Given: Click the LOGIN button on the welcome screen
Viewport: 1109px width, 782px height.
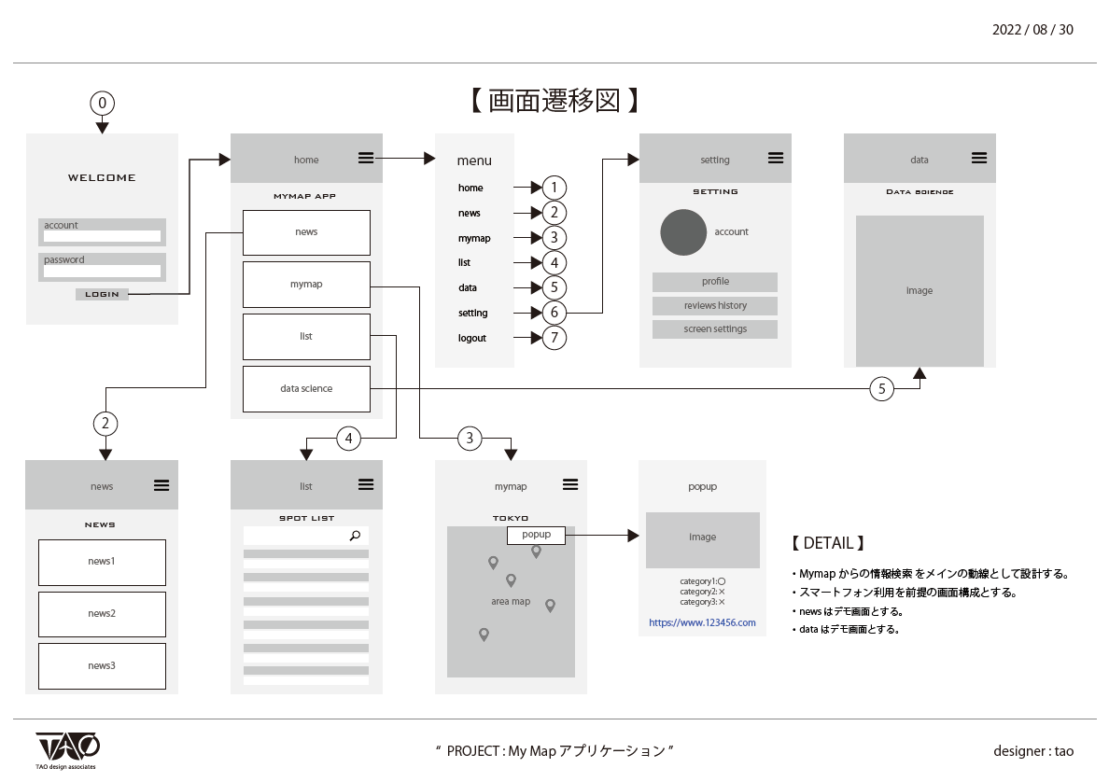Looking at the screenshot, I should [102, 294].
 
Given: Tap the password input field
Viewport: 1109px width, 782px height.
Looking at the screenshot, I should [102, 272].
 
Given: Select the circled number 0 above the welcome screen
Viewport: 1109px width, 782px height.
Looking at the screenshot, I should [102, 103].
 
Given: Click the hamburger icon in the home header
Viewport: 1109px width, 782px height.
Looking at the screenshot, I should [366, 159].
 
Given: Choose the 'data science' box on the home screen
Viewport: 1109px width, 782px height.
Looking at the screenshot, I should [306, 389].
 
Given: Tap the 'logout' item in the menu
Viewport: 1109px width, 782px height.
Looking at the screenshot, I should [472, 338].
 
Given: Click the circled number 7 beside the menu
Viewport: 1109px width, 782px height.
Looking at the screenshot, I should [554, 338].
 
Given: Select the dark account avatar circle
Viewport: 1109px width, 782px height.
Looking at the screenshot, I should [683, 232].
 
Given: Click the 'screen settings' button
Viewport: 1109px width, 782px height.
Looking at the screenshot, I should [715, 329].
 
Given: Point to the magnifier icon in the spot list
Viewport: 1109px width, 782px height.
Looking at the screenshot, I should [355, 536].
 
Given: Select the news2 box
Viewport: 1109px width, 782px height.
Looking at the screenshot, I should [102, 614].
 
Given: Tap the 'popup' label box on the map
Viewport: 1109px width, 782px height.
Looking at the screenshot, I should [536, 536].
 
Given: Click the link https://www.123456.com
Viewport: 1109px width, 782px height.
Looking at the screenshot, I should [702, 622].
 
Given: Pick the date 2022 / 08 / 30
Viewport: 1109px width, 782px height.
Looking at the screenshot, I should [1032, 30].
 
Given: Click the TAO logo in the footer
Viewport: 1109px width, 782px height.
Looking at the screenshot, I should [67, 748].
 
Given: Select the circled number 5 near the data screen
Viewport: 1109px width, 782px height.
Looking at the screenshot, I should [882, 389].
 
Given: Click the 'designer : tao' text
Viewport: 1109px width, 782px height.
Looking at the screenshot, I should [1033, 750].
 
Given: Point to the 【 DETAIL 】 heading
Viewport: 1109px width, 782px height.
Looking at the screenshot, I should [828, 543].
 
